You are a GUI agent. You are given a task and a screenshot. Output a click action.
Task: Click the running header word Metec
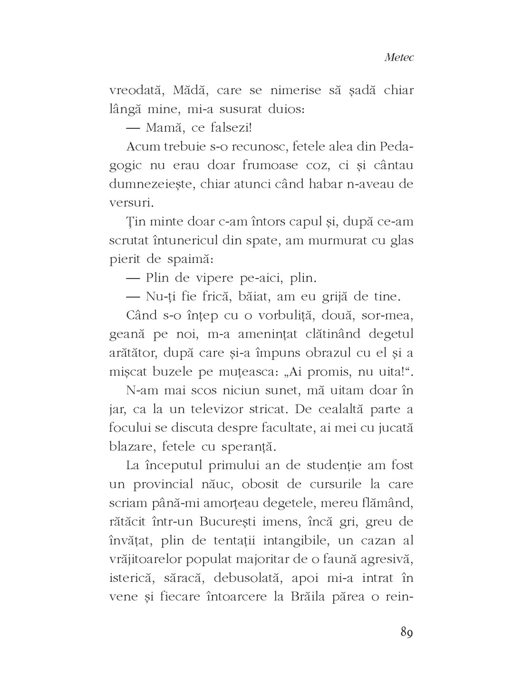[x=399, y=58]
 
